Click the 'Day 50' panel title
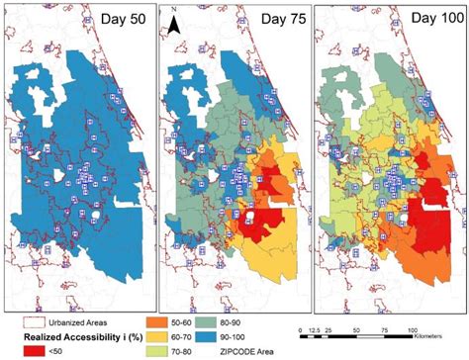pyautogui.click(x=120, y=21)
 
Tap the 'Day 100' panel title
pyautogui.click(x=424, y=21)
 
